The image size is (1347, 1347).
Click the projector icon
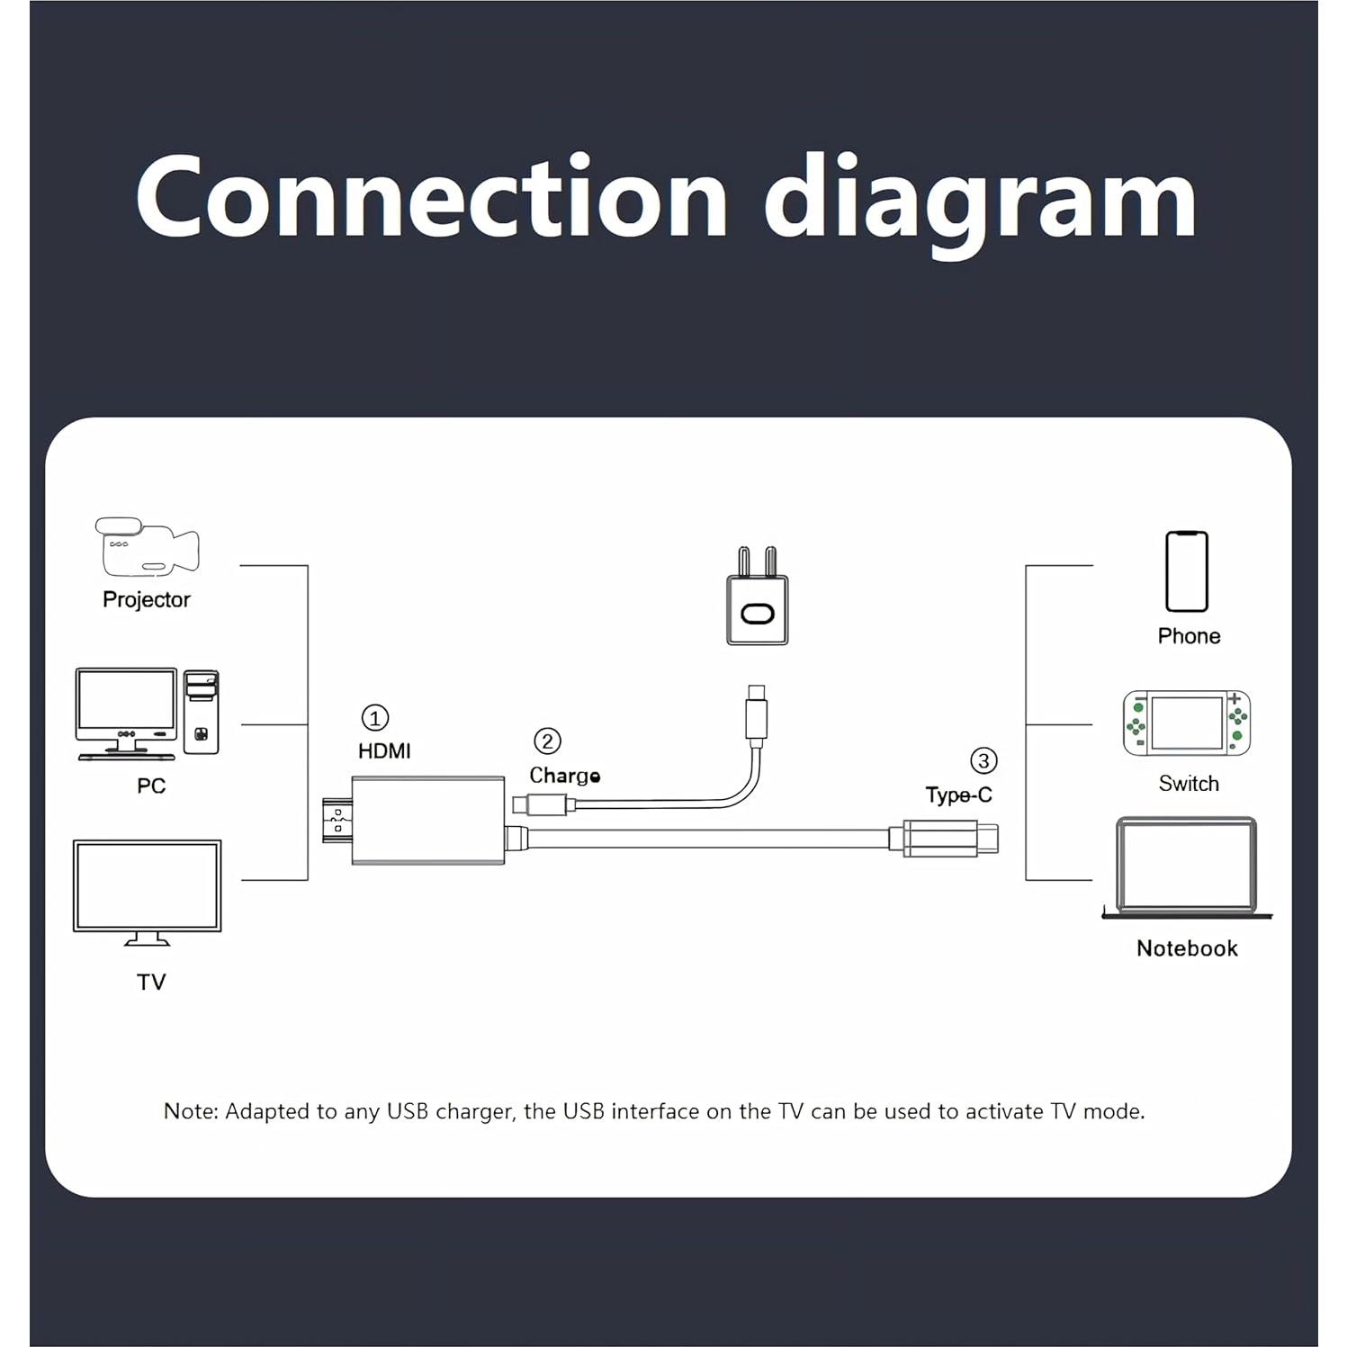[147, 547]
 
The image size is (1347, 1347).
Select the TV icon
[147, 891]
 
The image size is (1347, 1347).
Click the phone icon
[1186, 571]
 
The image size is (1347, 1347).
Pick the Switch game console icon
[1186, 723]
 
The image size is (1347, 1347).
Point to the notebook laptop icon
[1186, 867]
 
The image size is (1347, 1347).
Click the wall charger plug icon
[757, 598]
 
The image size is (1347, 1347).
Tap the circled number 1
[374, 718]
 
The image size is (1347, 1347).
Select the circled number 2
[547, 741]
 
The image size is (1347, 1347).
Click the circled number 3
[983, 761]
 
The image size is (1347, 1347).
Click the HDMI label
[384, 751]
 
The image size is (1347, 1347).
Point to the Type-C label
[958, 795]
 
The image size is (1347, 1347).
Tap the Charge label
[564, 776]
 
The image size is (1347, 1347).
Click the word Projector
[147, 600]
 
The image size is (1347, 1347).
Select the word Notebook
[1186, 948]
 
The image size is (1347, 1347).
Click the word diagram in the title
[981, 200]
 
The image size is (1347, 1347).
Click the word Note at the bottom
[190, 1112]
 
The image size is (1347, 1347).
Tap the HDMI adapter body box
[427, 821]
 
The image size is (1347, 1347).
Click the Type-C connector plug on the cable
[949, 839]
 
